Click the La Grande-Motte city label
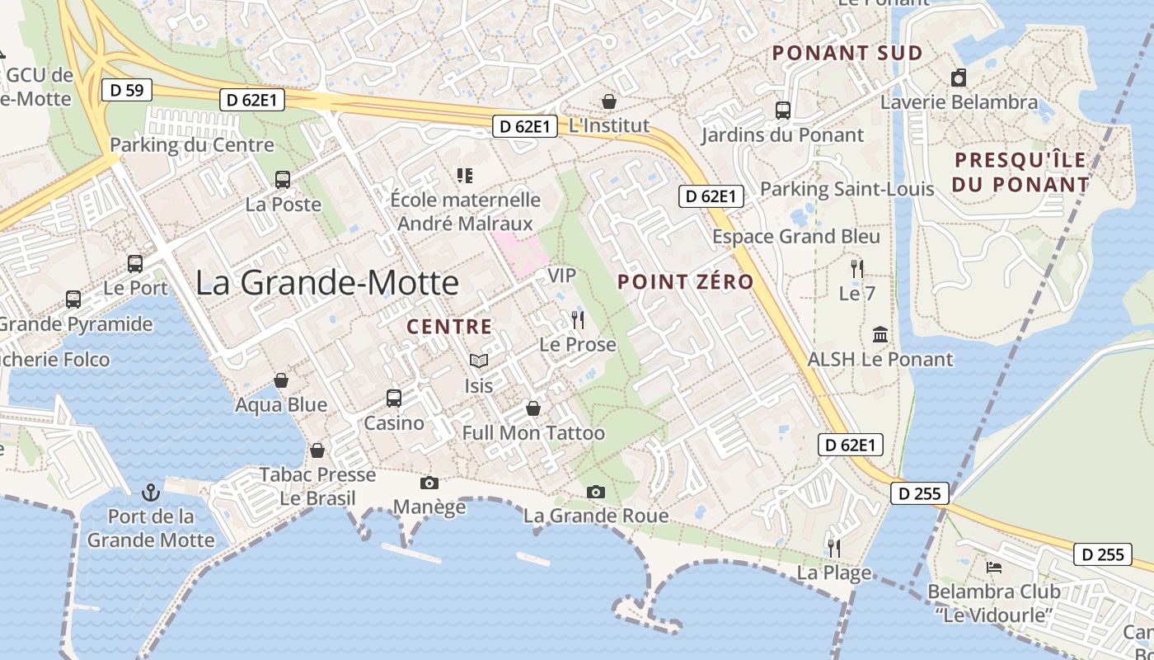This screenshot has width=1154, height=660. (x=327, y=283)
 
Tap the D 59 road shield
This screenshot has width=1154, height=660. (x=127, y=90)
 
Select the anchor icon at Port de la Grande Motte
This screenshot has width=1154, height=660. (x=151, y=493)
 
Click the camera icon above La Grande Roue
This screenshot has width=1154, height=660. (x=596, y=492)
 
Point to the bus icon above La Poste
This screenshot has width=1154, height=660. (x=283, y=179)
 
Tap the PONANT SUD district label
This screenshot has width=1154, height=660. (x=847, y=54)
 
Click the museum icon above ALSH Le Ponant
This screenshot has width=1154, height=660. (x=880, y=335)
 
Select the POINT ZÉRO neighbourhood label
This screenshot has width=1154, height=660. (x=686, y=281)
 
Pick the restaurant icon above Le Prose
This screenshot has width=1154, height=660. (x=577, y=319)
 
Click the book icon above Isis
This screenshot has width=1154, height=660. (x=478, y=361)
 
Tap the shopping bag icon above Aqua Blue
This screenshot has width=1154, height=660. (x=281, y=380)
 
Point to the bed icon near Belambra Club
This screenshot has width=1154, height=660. (x=994, y=568)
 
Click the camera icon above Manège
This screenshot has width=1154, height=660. (x=429, y=483)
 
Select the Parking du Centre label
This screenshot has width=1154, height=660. (x=192, y=145)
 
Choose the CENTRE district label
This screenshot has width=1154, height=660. (x=449, y=327)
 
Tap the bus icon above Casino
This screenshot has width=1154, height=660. (x=394, y=398)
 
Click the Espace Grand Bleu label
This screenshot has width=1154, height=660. (x=796, y=237)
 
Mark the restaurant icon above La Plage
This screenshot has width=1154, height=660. (x=833, y=547)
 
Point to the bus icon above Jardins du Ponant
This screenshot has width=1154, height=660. (x=782, y=110)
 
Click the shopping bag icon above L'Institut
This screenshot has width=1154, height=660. (x=609, y=101)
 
